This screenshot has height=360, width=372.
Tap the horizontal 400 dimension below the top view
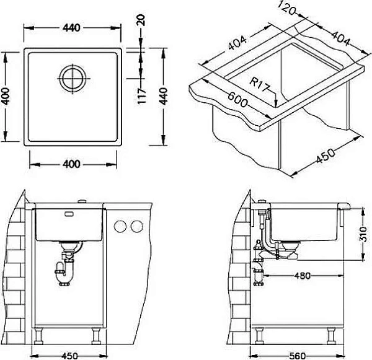click(73, 164)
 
